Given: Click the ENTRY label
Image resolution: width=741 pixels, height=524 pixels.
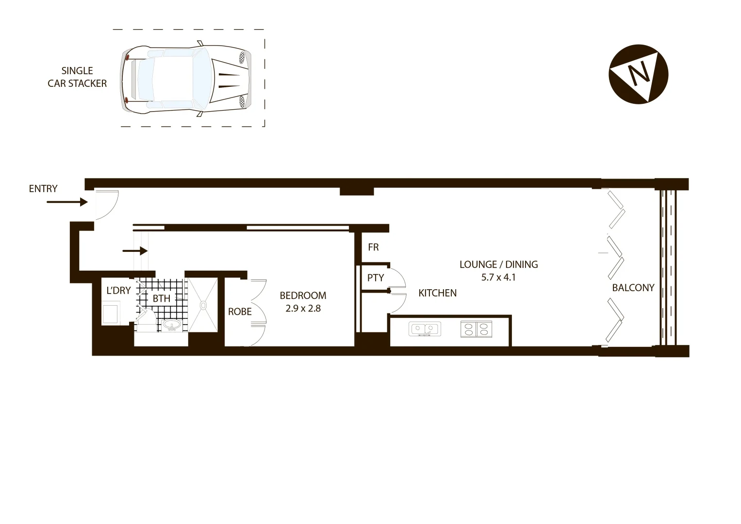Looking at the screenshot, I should pos(43,189).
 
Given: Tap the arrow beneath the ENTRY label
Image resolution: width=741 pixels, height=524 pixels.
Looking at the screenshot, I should pos(67,202).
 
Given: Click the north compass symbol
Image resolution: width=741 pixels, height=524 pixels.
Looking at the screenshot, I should pos(639,74).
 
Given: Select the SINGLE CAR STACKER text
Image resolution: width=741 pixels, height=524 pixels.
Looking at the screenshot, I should pos(77,77).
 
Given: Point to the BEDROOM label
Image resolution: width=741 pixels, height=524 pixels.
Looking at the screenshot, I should pos(303,295).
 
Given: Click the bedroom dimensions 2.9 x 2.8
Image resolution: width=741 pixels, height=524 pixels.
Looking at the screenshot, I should pos(303,308).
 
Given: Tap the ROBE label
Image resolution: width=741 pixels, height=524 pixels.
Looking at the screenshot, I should pos(240,311).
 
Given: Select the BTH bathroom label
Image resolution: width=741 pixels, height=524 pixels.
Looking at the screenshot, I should pos(162,298).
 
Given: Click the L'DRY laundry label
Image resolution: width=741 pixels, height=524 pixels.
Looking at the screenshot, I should pos(118,291).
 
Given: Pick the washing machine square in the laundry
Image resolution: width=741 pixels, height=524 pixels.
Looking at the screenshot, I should pos(111,313).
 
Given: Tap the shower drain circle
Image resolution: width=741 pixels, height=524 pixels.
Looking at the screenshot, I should pos(204,305).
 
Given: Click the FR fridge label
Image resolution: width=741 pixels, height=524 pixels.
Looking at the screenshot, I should pos(373,247).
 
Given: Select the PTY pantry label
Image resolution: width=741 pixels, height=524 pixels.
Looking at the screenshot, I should pos(376,278).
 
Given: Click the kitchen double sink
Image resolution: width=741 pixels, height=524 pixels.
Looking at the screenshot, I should pos(426,329).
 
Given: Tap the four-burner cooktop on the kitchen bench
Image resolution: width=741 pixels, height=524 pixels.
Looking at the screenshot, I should pos(476,329).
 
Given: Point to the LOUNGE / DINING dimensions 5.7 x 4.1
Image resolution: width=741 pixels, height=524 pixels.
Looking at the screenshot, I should pos(498,278).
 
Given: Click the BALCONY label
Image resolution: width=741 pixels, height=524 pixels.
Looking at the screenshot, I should pos(633,288).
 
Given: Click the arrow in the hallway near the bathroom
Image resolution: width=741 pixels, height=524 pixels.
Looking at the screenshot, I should pos(135,251).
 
